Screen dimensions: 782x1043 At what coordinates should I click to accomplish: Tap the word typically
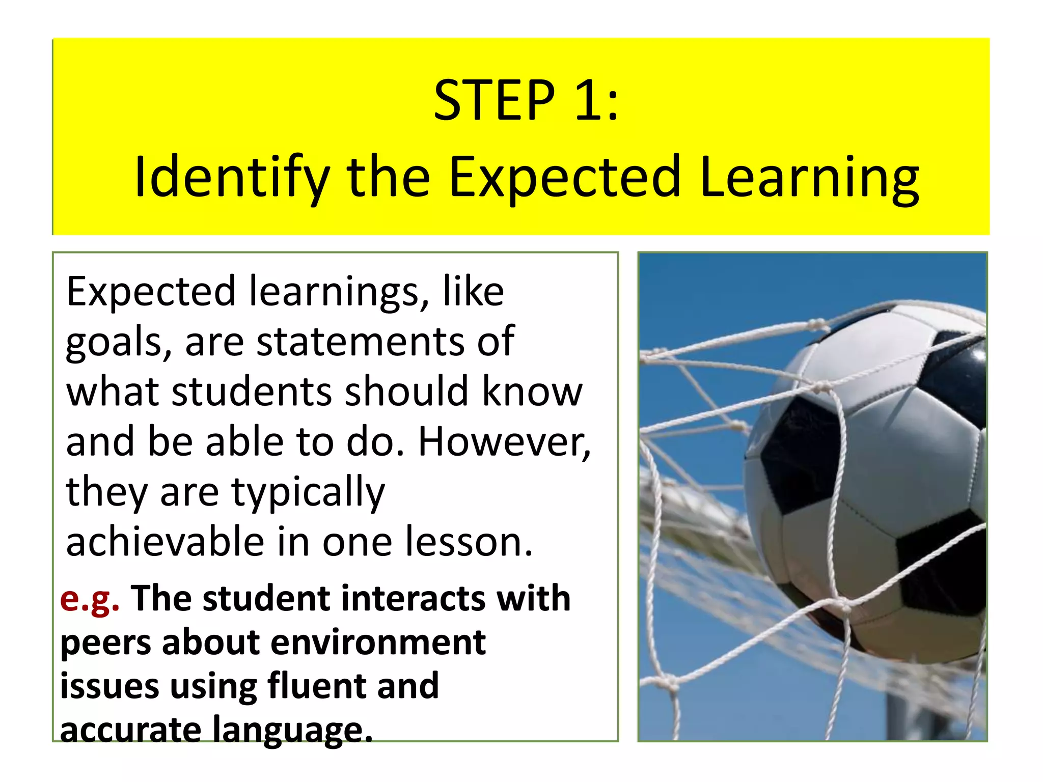[308, 493]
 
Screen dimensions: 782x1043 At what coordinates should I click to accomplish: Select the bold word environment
[378, 643]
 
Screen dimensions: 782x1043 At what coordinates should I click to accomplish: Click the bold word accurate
[131, 729]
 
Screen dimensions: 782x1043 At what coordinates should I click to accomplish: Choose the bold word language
[293, 730]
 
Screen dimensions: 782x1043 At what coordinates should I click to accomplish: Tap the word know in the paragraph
[532, 392]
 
